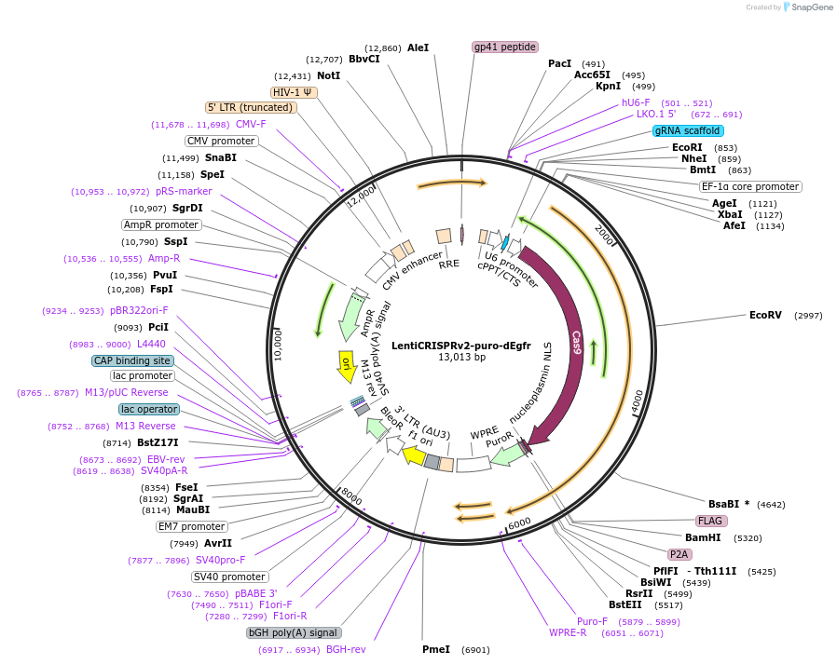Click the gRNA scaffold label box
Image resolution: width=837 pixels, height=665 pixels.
(x=688, y=131)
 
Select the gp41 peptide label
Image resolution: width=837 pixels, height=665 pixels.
(x=505, y=47)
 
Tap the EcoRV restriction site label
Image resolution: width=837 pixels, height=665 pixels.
(x=765, y=315)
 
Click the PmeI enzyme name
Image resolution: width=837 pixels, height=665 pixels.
(x=436, y=649)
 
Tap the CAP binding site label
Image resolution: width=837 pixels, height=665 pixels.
(x=132, y=360)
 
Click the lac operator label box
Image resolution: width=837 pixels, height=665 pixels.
(x=148, y=409)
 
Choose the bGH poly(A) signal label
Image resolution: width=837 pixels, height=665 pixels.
(x=293, y=632)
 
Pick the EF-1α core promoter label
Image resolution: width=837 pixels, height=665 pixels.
(x=750, y=186)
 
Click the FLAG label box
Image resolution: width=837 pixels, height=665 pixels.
(x=711, y=521)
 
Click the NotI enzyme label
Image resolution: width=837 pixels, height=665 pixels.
(x=328, y=75)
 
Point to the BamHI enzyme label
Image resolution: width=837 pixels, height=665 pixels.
(x=704, y=537)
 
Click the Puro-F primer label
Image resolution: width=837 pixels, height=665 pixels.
(x=592, y=621)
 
